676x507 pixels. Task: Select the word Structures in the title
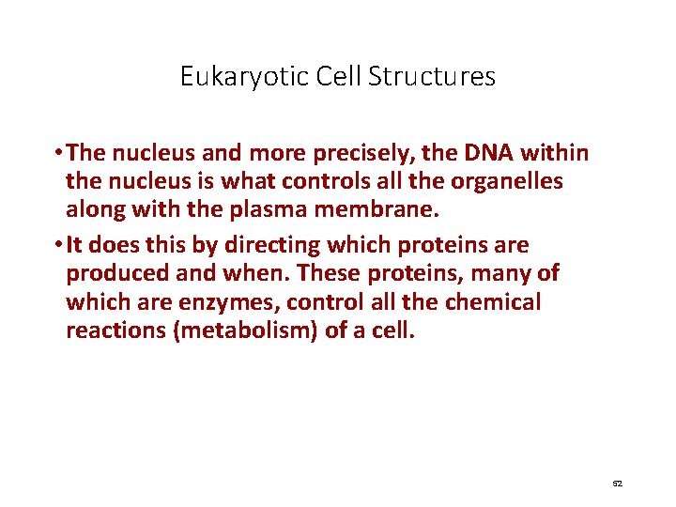tap(432, 76)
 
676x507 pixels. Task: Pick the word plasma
tap(263, 209)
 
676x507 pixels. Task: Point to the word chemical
tap(494, 302)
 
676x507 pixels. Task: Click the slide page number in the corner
tap(617, 483)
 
